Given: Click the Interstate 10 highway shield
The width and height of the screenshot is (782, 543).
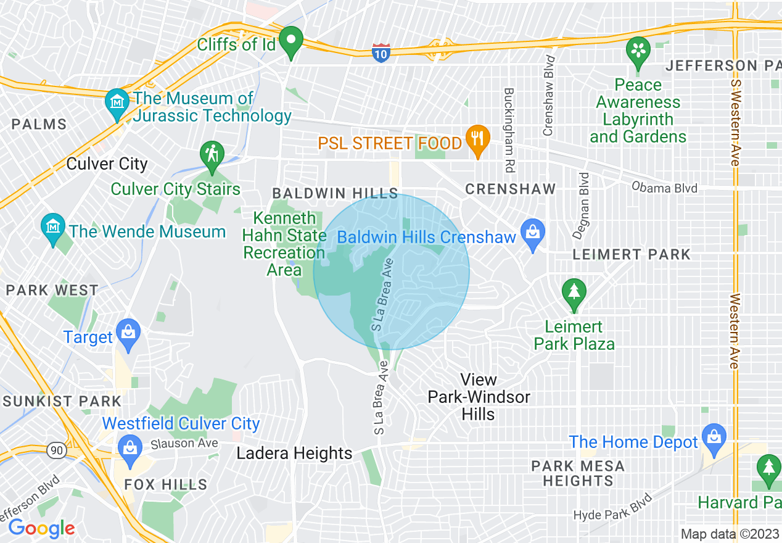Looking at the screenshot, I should click(381, 52).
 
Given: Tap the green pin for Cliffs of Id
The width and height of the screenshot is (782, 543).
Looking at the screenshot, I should click(290, 43).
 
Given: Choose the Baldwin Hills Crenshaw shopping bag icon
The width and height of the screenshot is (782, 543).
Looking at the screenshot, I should click(532, 233).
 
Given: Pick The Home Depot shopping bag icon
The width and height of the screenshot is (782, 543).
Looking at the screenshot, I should click(714, 437).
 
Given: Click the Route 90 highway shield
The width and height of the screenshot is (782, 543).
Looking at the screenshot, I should click(57, 450).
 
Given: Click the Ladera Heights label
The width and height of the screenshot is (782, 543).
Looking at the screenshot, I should click(295, 454).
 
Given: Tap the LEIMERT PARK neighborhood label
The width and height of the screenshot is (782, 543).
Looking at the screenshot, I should click(632, 254).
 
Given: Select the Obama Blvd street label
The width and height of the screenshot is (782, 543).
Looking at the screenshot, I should click(664, 188).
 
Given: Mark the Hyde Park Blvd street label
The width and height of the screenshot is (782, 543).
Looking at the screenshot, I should click(612, 507).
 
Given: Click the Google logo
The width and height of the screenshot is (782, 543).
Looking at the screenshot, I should click(41, 528).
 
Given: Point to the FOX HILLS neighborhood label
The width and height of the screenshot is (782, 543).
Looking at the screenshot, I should click(165, 484).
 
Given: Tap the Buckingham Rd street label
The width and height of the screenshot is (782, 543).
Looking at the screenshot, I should click(509, 130).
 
